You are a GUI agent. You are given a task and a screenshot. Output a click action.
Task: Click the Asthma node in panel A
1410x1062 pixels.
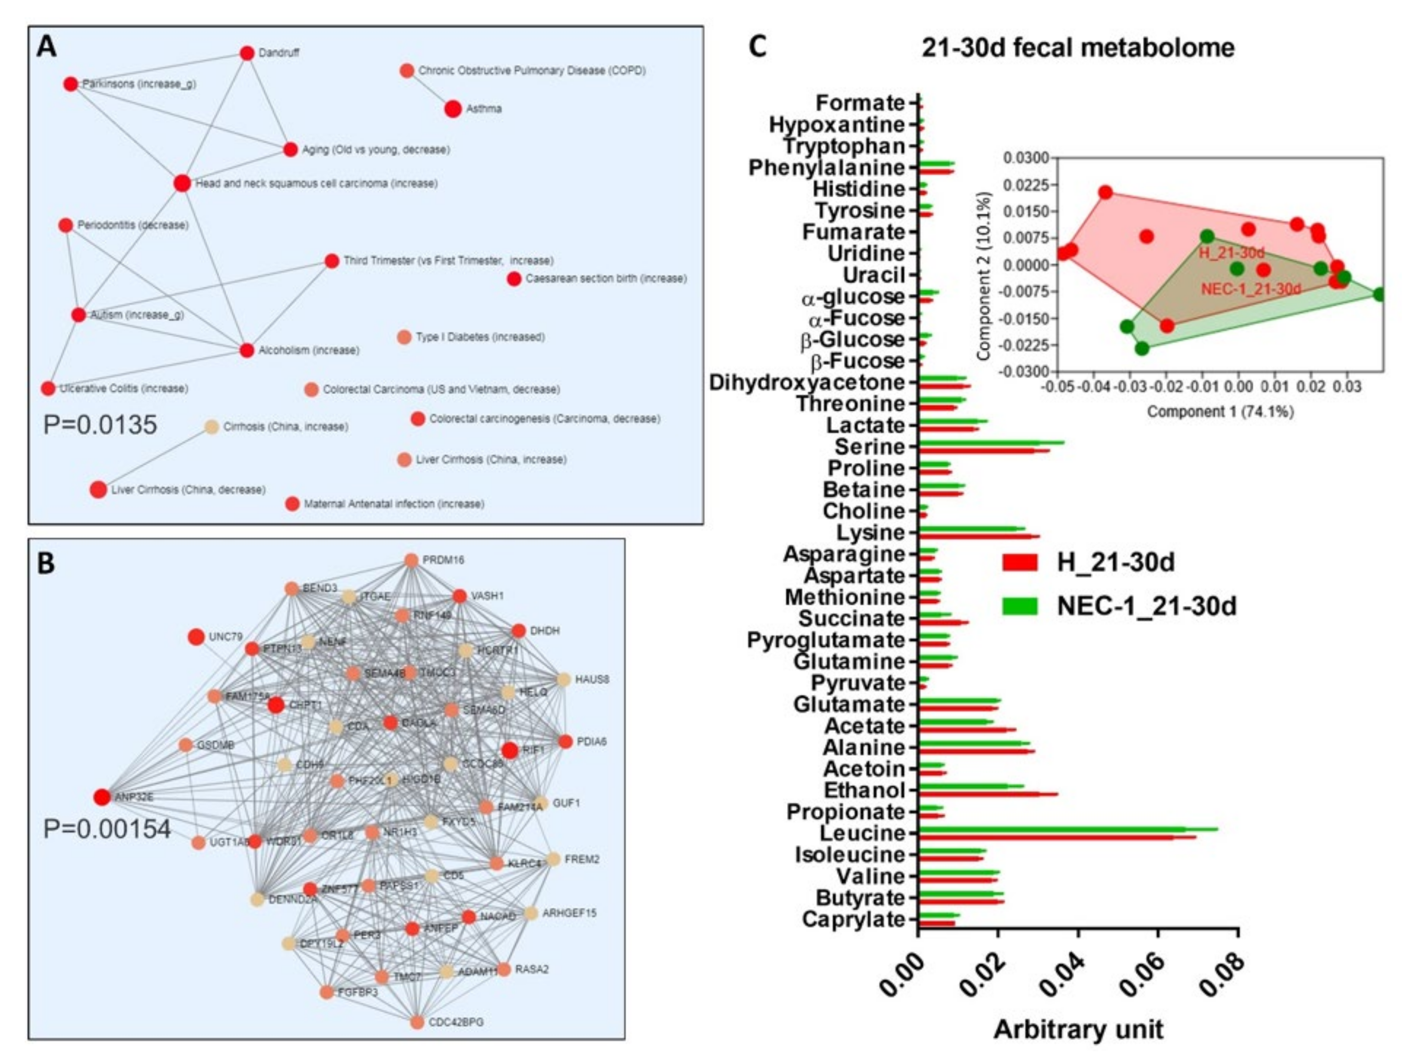point(453,109)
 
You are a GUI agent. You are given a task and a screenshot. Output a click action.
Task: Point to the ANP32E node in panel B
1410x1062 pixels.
point(101,797)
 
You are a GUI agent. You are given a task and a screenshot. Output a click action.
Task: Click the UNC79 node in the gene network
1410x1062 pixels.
point(196,637)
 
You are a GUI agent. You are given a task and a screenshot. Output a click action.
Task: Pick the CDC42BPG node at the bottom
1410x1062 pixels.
point(417,1022)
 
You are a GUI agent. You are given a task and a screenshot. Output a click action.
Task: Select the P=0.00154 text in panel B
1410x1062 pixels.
point(107,829)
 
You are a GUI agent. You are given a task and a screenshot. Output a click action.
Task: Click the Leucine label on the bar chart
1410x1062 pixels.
point(862,833)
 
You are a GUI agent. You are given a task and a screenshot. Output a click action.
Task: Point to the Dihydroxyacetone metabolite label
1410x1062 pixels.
point(807,383)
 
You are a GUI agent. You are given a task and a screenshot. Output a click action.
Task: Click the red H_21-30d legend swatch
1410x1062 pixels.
point(1020,562)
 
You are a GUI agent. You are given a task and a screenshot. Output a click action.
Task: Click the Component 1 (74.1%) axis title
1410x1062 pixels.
point(1220,412)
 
